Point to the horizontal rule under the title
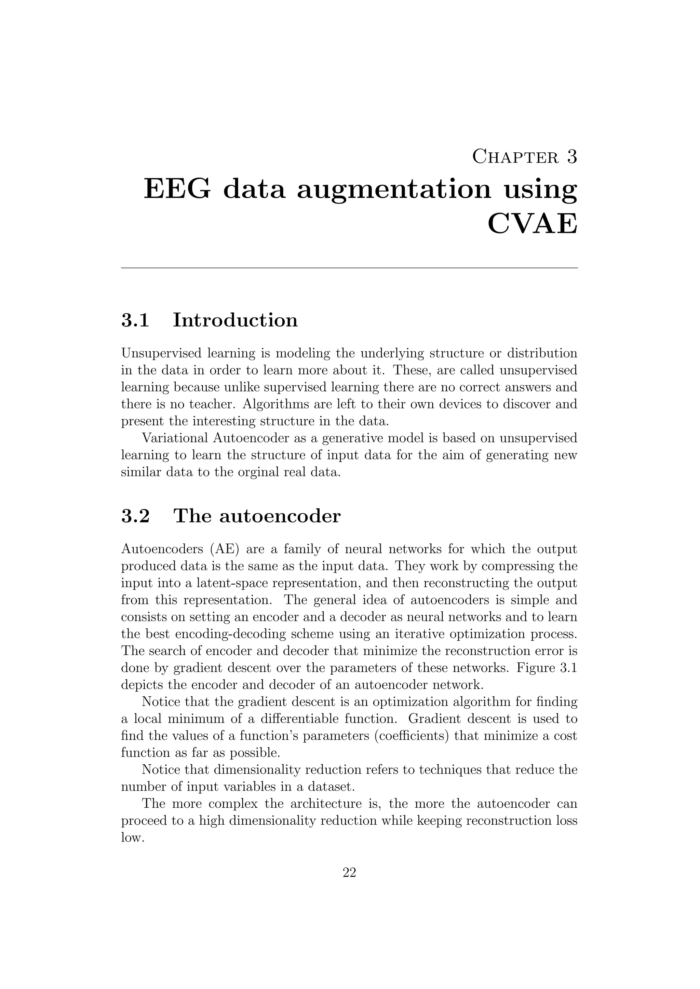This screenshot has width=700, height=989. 349,268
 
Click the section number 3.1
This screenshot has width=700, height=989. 135,320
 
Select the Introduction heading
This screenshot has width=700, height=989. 235,320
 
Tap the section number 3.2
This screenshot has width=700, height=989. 135,516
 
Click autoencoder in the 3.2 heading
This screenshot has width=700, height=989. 280,516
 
